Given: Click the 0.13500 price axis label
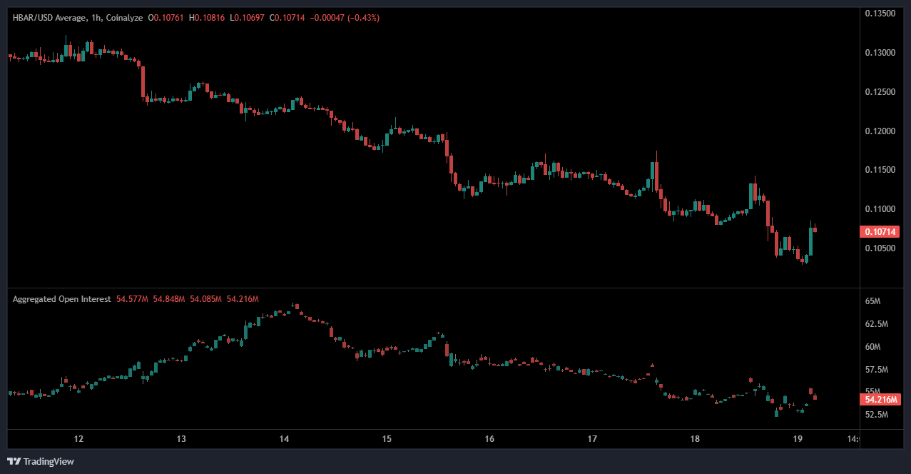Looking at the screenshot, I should [x=881, y=14].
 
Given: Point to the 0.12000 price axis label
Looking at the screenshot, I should [x=881, y=131].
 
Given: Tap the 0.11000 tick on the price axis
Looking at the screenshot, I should [x=881, y=209].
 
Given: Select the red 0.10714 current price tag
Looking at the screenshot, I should [x=882, y=231].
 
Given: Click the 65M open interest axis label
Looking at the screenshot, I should [x=872, y=302].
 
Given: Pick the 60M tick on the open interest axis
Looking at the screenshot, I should [x=872, y=347].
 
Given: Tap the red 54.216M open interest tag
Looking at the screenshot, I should [x=882, y=400].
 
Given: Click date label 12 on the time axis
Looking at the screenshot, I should [x=78, y=438].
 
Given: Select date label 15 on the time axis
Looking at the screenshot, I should [x=387, y=438].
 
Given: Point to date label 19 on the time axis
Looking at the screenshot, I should [x=798, y=438].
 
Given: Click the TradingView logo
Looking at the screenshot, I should [x=41, y=461].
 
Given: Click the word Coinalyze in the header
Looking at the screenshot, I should [x=123, y=17].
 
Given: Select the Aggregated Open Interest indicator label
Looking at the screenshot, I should [x=61, y=299].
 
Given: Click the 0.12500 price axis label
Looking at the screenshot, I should [x=881, y=92].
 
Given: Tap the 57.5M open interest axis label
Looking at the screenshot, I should [x=875, y=370].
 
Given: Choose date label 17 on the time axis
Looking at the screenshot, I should [x=592, y=438].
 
